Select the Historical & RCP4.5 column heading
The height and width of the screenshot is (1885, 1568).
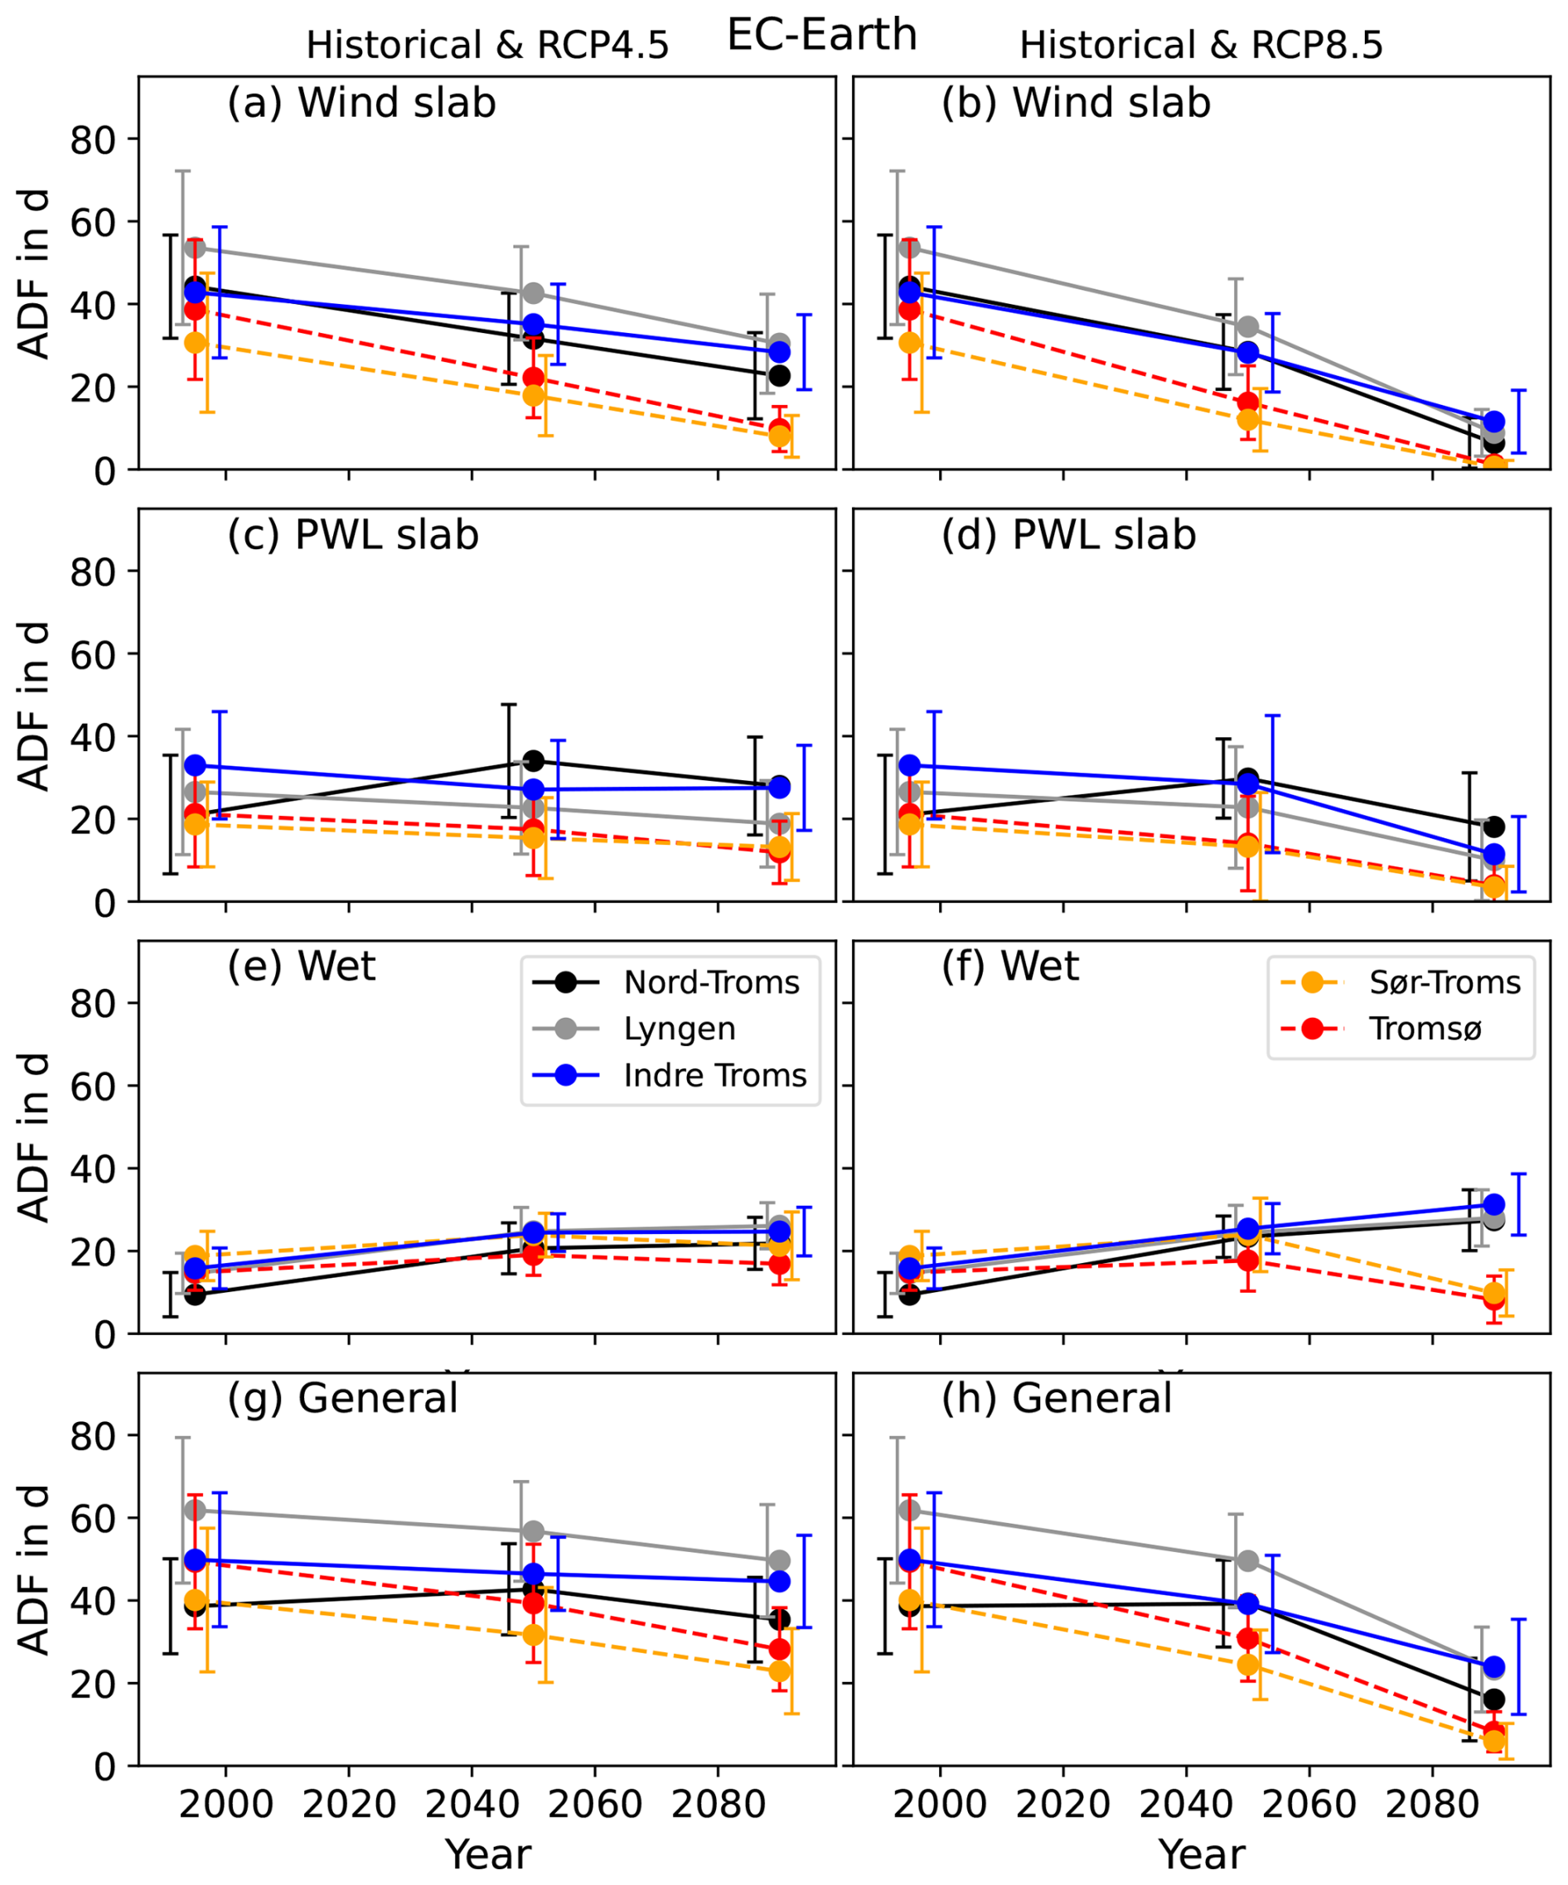pyautogui.click(x=487, y=45)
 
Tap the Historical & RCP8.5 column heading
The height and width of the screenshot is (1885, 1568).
pyautogui.click(x=1201, y=45)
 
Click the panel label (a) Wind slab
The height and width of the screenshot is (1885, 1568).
pyautogui.click(x=361, y=104)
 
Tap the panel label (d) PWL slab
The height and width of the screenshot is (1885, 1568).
pyautogui.click(x=1069, y=536)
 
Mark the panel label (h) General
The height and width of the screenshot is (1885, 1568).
pyautogui.click(x=1056, y=1399)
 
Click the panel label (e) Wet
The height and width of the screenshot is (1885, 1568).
pyautogui.click(x=301, y=967)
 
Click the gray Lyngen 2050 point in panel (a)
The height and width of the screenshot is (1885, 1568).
pyautogui.click(x=534, y=293)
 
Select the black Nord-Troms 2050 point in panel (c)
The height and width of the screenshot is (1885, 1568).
pyautogui.click(x=534, y=761)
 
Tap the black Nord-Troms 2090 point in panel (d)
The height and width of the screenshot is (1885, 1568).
pyautogui.click(x=1493, y=827)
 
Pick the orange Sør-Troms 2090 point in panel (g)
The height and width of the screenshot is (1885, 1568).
pyautogui.click(x=780, y=1671)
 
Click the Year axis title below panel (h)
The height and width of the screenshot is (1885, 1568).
pyautogui.click(x=1202, y=1854)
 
